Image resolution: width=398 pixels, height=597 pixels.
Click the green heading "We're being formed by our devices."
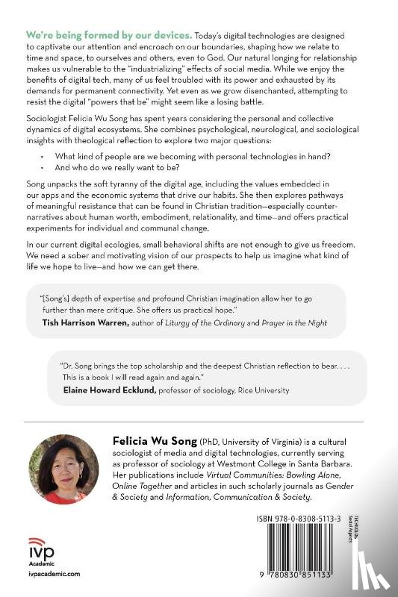tap(109, 35)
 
